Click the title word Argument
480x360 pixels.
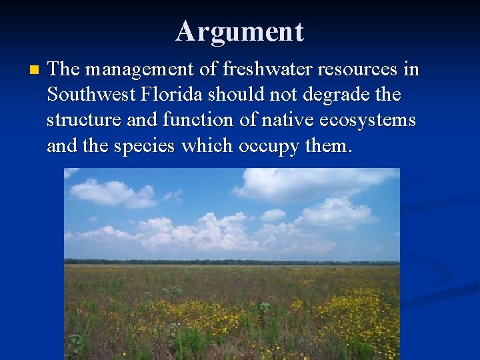[240, 31]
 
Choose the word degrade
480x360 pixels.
[336, 95]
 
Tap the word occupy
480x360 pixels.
[269, 146]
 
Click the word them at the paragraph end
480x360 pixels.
[327, 146]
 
